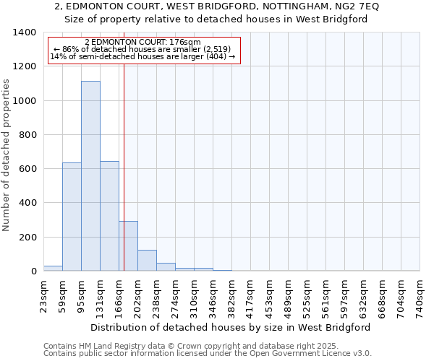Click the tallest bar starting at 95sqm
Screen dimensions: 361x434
(90, 176)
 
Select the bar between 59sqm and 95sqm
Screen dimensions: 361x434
(72, 217)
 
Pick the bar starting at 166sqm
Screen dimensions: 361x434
(128, 246)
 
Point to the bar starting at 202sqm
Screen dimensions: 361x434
(147, 261)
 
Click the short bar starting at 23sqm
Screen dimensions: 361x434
(53, 269)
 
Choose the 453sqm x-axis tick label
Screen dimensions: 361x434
(270, 297)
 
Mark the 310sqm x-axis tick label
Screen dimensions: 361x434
(195, 297)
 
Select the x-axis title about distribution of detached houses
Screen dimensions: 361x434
(231, 327)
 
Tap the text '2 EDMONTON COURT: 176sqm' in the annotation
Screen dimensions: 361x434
(142, 43)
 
